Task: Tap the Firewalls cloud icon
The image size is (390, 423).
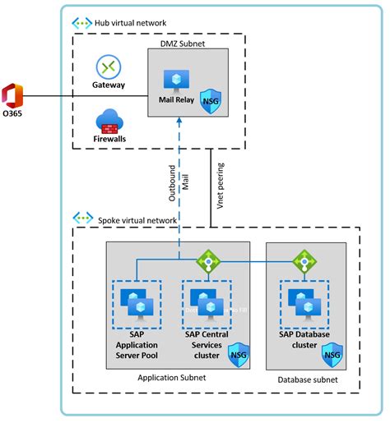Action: (109, 123)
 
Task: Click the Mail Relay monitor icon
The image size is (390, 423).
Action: (177, 80)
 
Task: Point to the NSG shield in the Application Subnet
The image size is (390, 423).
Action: (238, 355)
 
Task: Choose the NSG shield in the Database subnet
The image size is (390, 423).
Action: (332, 355)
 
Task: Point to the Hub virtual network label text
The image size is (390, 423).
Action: (131, 23)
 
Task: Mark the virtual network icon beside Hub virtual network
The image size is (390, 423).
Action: (82, 23)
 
